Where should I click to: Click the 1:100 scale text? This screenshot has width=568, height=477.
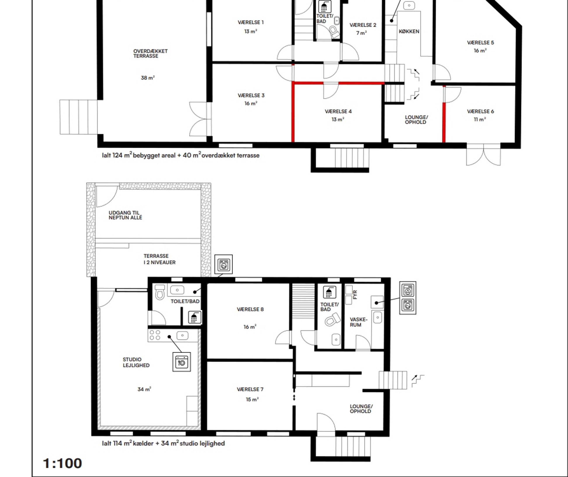tap(62, 463)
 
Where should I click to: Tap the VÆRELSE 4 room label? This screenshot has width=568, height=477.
tap(338, 111)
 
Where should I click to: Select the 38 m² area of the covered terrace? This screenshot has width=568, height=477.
tap(148, 78)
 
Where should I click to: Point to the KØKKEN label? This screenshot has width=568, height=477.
tap(409, 31)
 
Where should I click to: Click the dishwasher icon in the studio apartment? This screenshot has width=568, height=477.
tap(182, 362)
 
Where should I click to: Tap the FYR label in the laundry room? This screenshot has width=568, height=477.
tap(355, 294)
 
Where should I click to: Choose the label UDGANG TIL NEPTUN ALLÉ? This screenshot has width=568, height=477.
tap(125, 215)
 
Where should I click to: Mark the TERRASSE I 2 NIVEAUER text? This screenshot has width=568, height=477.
tap(159, 259)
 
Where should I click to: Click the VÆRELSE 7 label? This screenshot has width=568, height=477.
tap(250, 389)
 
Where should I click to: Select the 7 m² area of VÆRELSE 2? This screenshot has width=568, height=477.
tap(361, 33)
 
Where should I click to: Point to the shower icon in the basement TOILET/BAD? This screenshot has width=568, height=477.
tap(329, 292)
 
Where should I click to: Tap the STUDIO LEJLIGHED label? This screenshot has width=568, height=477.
tap(136, 362)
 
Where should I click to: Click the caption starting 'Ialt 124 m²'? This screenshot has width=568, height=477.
tap(181, 155)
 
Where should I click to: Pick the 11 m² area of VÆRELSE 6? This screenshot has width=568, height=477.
tap(480, 119)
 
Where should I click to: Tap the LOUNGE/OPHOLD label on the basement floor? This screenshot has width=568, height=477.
tap(361, 409)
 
